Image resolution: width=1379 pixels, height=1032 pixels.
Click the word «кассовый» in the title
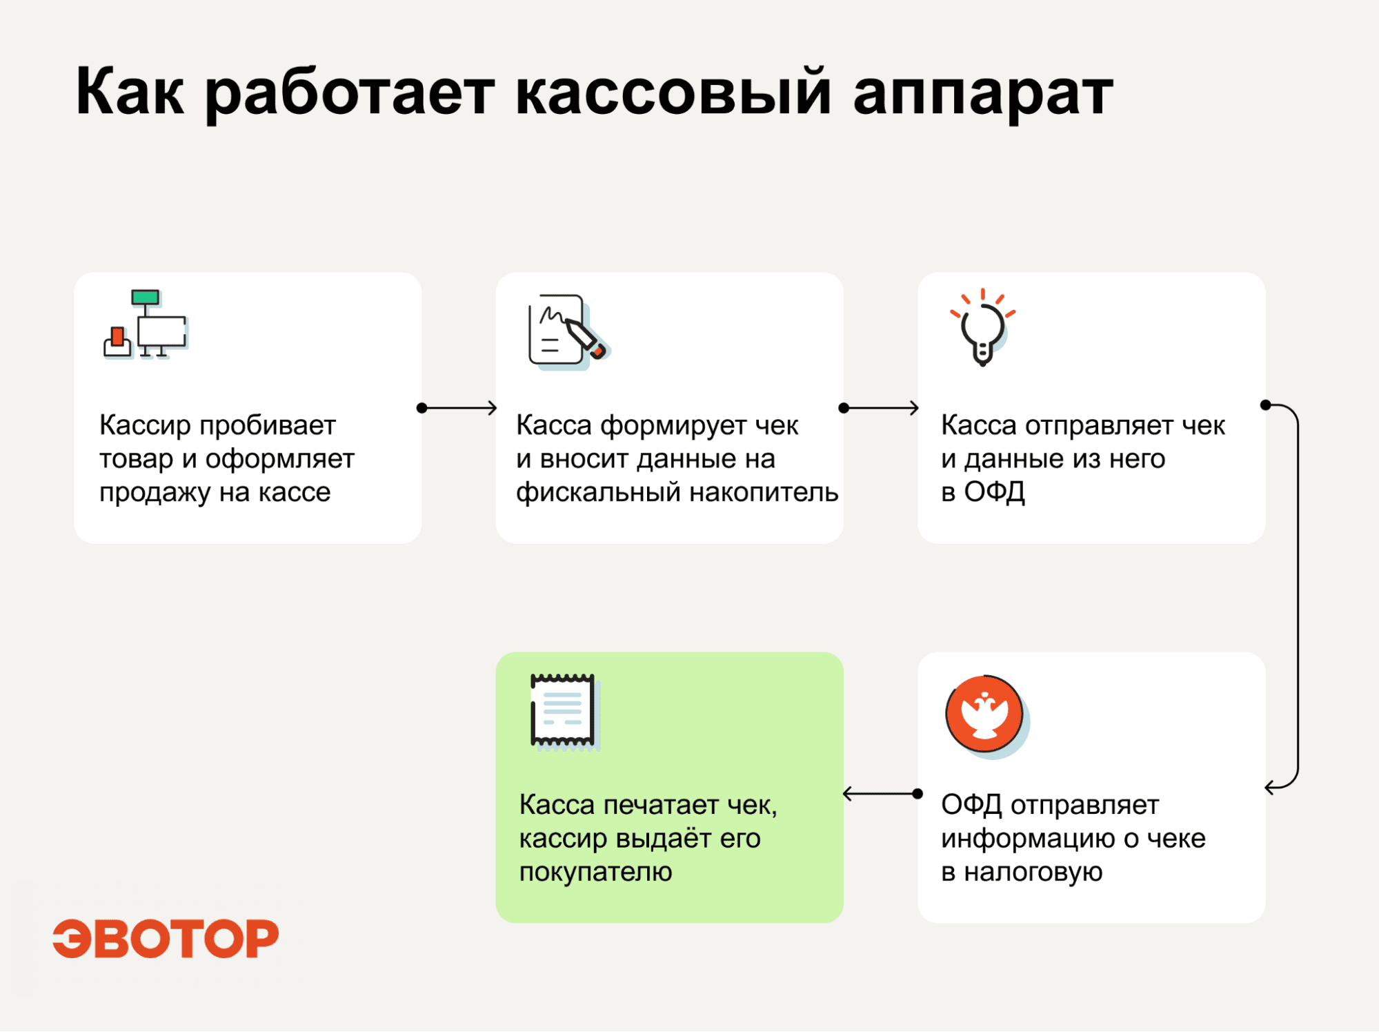tap(673, 91)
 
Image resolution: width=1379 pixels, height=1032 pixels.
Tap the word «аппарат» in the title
tap(983, 96)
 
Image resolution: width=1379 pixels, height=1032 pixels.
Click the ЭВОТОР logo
tap(166, 939)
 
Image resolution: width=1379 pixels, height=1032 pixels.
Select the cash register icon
tap(146, 324)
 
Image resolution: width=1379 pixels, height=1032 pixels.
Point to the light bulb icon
tap(983, 327)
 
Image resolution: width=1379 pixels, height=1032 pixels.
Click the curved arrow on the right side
tap(1298, 594)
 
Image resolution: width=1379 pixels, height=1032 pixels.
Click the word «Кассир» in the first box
tap(145, 425)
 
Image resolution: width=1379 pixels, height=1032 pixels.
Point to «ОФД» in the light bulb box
tap(994, 492)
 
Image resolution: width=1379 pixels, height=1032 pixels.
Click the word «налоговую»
tap(1033, 872)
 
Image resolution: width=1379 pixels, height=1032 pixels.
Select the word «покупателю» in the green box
tap(595, 872)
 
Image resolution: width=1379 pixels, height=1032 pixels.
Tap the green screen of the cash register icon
tap(145, 297)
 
